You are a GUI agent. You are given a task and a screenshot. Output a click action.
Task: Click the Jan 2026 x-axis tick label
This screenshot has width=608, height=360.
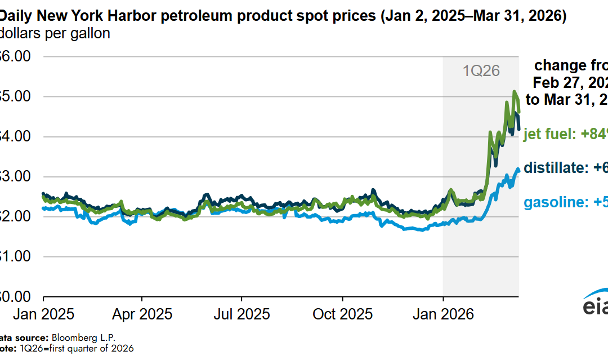point(443,314)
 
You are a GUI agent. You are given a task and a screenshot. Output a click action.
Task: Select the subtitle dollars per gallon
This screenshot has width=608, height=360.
point(55,34)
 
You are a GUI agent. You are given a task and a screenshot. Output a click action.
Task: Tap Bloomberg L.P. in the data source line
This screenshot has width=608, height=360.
point(83,337)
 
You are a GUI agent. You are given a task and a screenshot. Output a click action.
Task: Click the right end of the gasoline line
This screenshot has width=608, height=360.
point(518,170)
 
